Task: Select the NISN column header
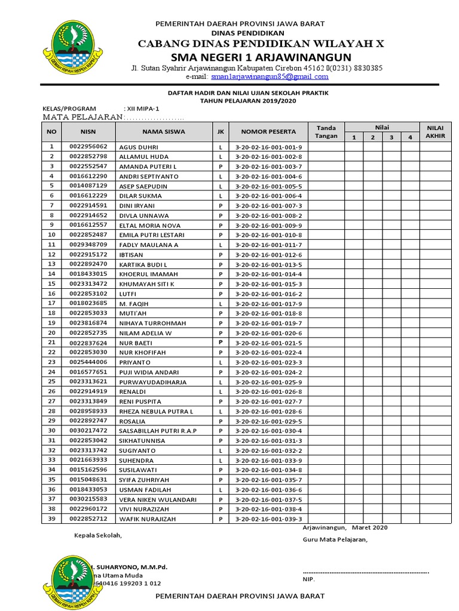tap(88, 131)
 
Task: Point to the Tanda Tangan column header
tap(326, 131)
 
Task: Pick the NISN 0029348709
tap(88, 245)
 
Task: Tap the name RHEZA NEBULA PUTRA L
tap(156, 412)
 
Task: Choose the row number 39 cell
tap(51, 519)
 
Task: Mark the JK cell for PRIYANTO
tap(221, 362)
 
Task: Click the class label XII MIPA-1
tap(143, 109)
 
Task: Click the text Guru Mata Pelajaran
tap(335, 540)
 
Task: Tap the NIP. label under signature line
tap(308, 579)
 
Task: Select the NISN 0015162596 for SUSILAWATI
tap(88, 470)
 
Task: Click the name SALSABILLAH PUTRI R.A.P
tap(158, 431)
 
